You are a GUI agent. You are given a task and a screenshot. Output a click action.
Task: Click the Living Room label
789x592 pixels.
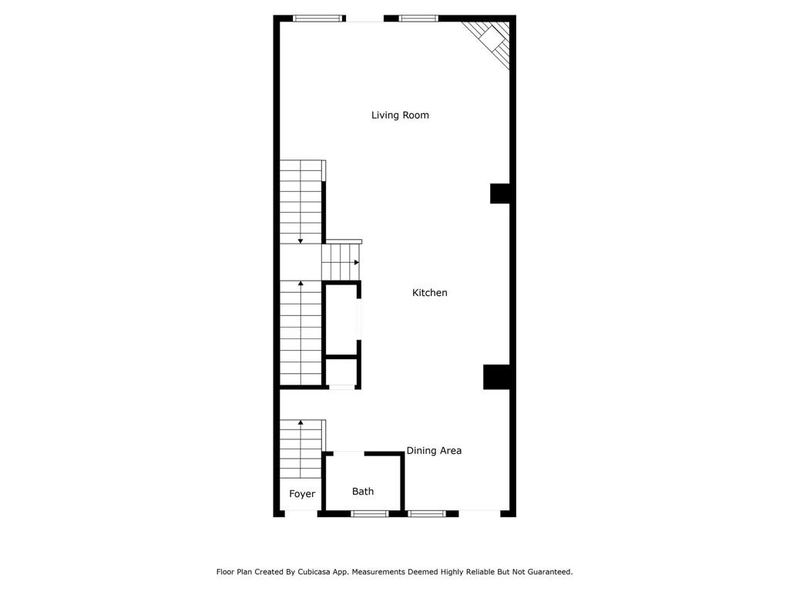[400, 116]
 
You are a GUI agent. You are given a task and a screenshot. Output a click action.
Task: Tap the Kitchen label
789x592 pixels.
[429, 293]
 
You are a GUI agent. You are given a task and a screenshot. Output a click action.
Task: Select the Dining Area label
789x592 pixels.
[434, 451]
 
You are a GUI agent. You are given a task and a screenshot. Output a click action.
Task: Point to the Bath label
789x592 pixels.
[363, 492]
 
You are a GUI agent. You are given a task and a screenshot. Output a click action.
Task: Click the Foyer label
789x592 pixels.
[302, 494]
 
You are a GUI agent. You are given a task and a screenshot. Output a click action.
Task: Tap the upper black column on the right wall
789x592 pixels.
[500, 193]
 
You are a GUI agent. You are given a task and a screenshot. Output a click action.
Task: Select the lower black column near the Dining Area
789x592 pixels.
[497, 377]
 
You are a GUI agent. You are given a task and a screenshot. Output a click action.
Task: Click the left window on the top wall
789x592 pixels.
[317, 18]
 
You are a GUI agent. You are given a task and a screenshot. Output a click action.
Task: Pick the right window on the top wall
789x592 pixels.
[418, 18]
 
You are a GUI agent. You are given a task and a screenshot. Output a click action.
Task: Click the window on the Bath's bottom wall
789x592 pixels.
[370, 513]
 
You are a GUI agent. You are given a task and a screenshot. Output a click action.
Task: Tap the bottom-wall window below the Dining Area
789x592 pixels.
[427, 513]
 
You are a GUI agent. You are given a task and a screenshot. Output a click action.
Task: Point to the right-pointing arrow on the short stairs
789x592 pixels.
[356, 263]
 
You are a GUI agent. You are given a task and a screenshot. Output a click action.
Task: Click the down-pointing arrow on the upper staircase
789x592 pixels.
[300, 240]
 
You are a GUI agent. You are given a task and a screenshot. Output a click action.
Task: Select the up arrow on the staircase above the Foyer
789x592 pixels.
[300, 423]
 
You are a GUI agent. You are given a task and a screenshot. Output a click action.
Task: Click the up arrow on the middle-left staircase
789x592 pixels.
[300, 284]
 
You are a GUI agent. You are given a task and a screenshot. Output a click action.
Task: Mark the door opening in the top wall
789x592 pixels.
[364, 18]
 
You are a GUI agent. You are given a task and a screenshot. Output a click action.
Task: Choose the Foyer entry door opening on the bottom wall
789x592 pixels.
[301, 513]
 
